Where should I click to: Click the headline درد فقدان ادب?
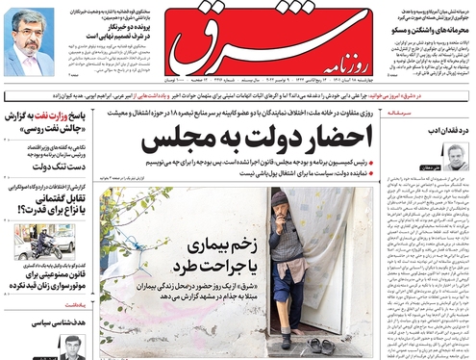438,130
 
